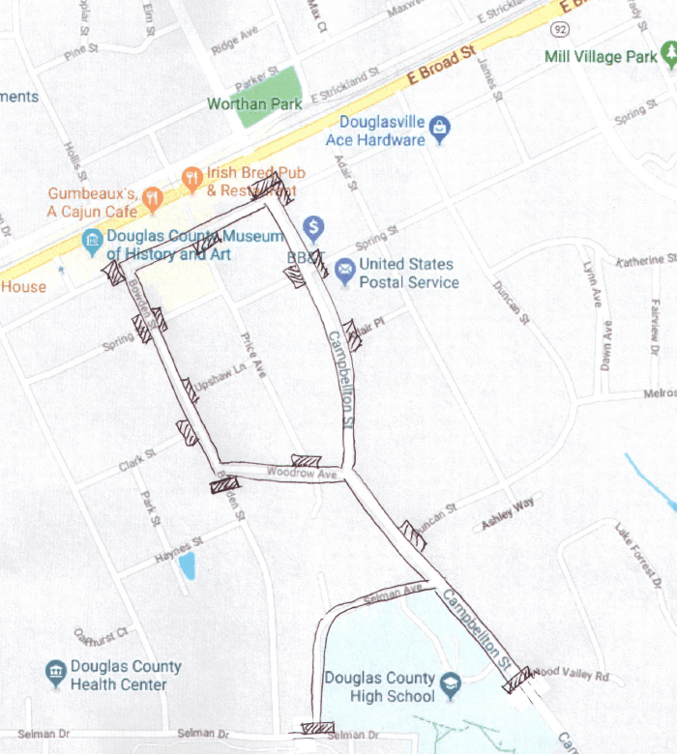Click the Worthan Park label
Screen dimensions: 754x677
pos(254,104)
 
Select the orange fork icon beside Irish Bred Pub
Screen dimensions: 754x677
pos(191,178)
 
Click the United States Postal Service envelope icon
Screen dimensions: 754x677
pos(344,269)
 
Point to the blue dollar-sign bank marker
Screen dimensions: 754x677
pos(313,229)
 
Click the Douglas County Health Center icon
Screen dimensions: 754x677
pos(55,674)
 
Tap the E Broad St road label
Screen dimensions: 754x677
pos(442,65)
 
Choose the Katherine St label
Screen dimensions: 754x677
pos(645,260)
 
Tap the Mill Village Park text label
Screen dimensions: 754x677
pos(600,57)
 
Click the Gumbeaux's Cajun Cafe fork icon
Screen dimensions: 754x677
pos(151,201)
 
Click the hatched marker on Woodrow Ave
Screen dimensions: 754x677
pos(307,462)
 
